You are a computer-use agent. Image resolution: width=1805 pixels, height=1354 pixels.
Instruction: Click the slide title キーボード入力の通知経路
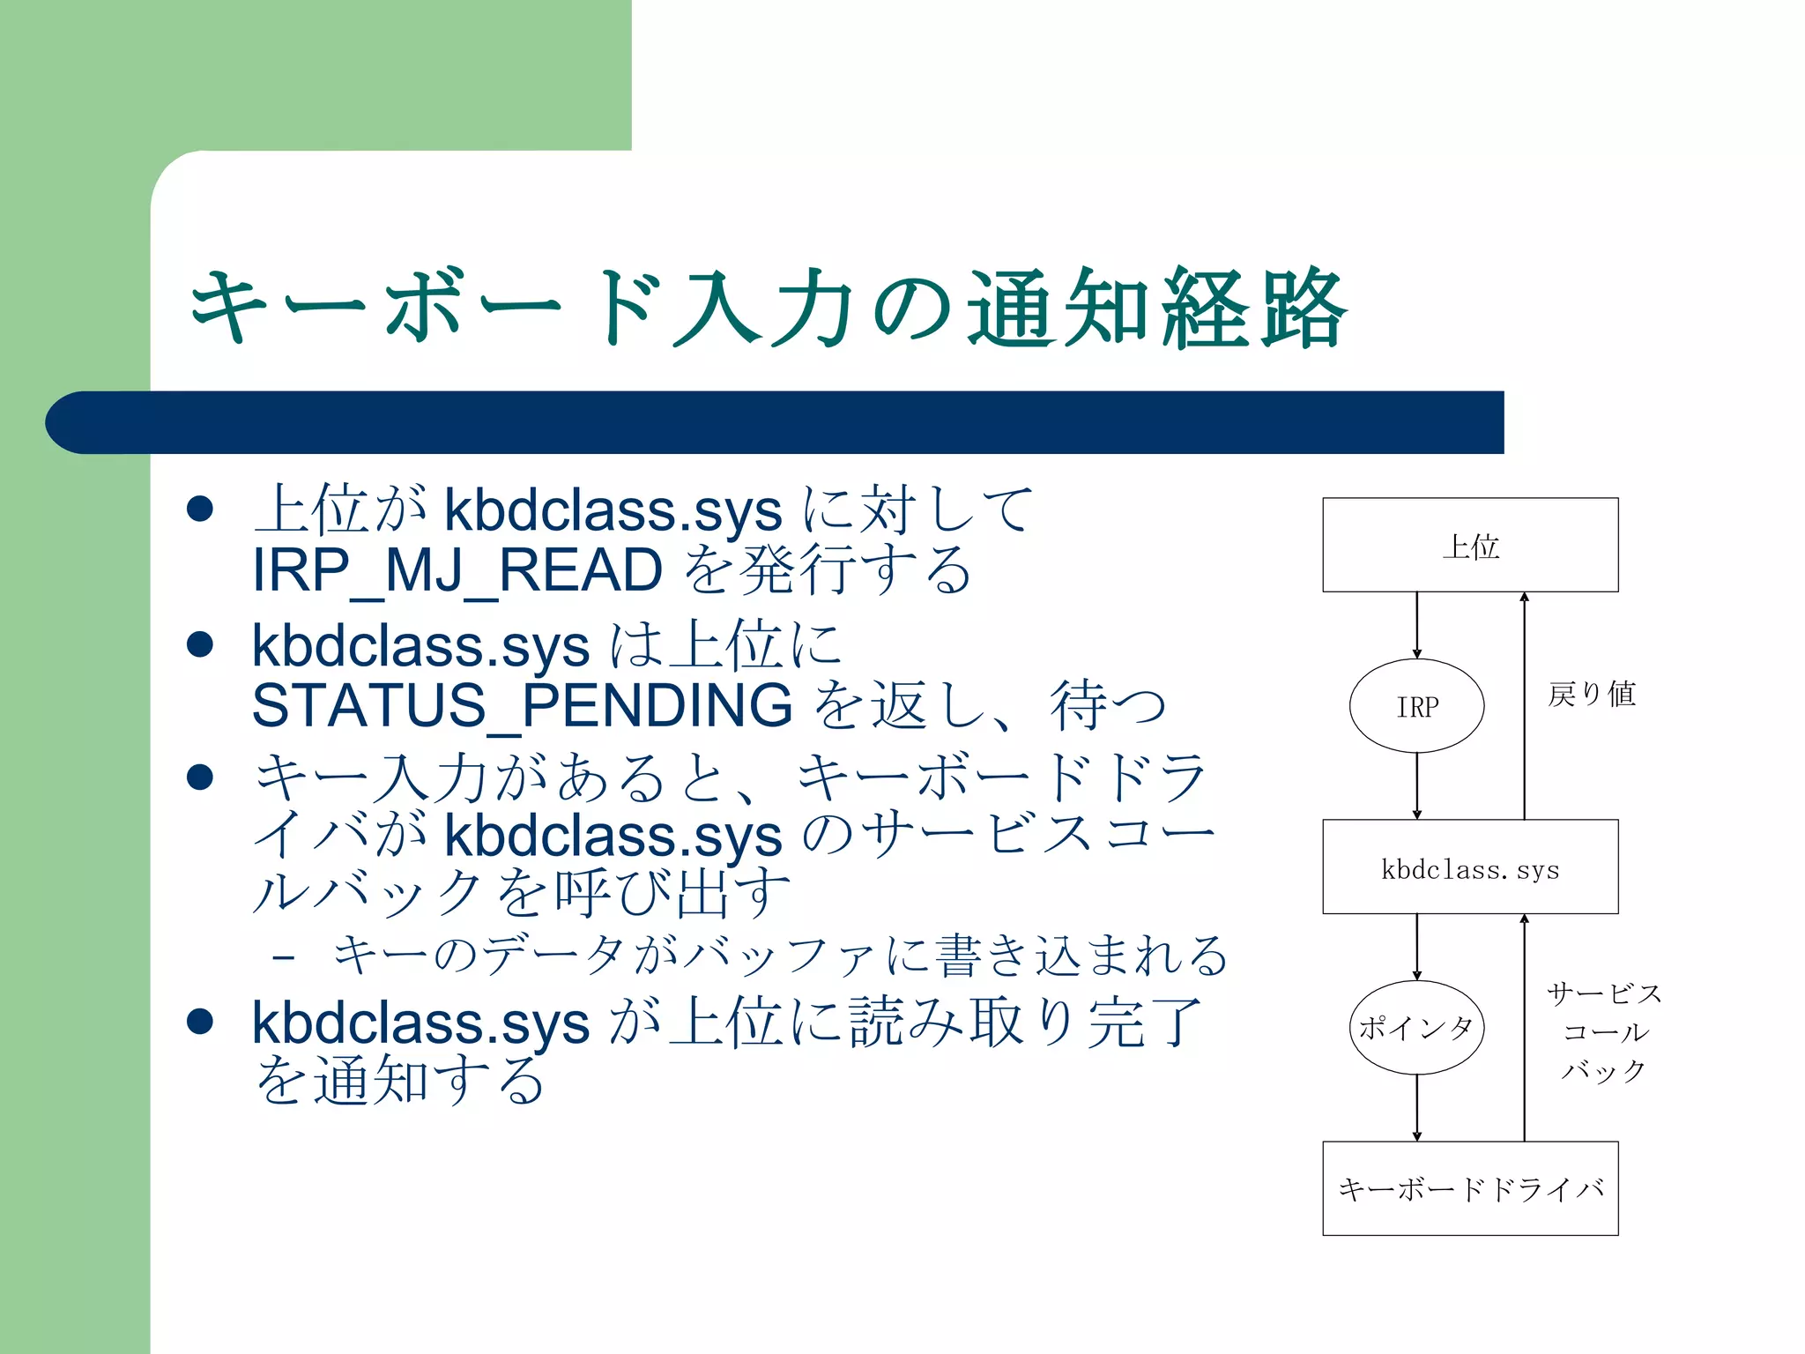767,309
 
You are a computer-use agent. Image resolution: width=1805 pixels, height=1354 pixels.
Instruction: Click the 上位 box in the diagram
1470,545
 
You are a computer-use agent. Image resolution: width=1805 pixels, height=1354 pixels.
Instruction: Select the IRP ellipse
1416,706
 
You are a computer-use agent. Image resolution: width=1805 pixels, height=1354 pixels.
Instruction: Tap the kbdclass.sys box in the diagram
1470,867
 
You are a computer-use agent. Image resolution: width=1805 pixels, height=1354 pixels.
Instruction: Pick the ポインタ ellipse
1416,1028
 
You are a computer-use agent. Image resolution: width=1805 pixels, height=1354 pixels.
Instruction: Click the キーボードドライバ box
1470,1189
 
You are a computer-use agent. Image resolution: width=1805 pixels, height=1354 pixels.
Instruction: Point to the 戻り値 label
1592,695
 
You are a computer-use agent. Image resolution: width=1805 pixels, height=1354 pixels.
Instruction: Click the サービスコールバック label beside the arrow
1604,1032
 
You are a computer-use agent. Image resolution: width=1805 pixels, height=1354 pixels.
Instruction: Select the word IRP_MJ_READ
457,570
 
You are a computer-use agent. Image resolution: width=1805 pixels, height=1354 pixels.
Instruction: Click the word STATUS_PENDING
522,705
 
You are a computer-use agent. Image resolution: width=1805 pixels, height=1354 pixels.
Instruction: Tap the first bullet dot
201,509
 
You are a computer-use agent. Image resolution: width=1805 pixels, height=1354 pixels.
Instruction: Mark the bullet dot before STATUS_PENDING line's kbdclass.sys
201,644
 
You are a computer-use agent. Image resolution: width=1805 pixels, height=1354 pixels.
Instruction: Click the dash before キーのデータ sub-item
284,956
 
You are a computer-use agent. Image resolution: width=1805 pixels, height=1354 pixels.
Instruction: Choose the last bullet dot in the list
201,1021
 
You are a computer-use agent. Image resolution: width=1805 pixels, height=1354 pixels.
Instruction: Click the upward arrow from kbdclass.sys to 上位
1525,705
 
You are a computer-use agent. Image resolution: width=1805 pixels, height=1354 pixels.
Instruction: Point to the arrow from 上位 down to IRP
1417,625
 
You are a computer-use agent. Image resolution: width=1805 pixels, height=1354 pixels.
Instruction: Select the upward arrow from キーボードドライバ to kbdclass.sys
1525,1028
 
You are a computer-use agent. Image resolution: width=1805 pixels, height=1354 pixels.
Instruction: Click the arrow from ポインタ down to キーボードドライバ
1417,1108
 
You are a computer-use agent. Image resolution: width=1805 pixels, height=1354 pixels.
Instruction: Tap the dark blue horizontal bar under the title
776,422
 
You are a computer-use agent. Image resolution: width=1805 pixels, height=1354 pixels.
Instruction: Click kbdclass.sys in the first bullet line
613,510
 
